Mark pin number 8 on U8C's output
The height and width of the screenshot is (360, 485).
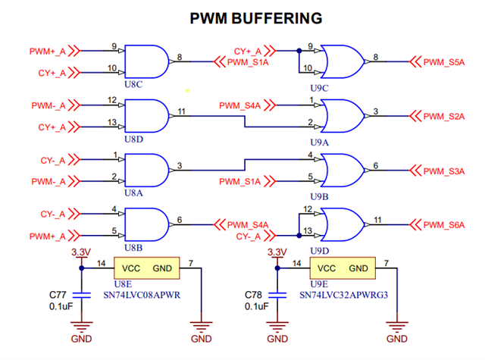180,56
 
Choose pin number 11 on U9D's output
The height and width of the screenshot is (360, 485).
377,220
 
